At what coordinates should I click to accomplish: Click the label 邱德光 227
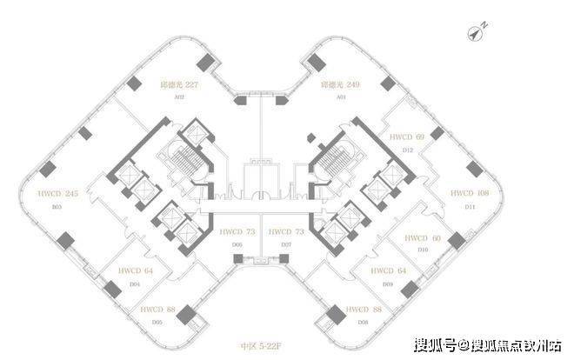(x=181, y=85)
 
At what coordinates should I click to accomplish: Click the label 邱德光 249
(x=340, y=85)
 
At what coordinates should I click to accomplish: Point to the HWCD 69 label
(x=407, y=137)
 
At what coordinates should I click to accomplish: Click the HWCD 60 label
(x=424, y=237)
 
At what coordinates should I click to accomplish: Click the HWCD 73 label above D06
(x=237, y=232)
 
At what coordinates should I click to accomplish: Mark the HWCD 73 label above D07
(x=285, y=232)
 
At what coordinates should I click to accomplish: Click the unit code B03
(x=35, y=208)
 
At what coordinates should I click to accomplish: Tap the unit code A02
(x=181, y=99)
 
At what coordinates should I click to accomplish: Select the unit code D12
(x=406, y=151)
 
